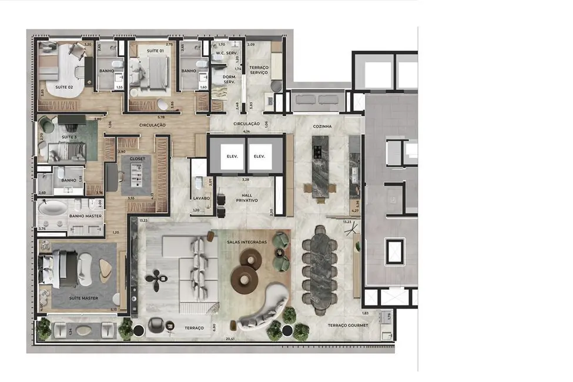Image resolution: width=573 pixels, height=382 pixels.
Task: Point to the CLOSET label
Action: point(137,159)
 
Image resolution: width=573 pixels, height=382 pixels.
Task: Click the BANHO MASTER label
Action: point(85,216)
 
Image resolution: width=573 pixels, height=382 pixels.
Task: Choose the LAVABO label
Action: point(202,199)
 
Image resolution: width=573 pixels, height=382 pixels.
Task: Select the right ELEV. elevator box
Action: point(259,157)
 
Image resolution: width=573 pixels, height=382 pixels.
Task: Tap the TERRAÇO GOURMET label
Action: point(349,325)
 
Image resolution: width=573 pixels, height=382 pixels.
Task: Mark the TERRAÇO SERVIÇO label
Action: point(259,70)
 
